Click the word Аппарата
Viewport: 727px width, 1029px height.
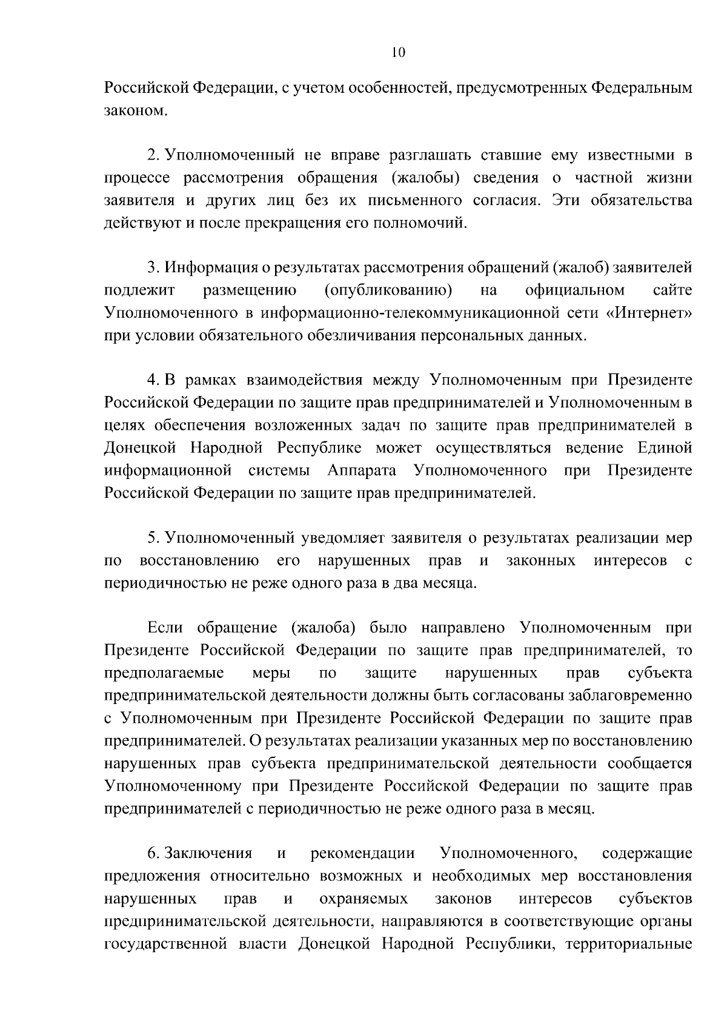[362, 471]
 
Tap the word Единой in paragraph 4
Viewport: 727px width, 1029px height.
[665, 447]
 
